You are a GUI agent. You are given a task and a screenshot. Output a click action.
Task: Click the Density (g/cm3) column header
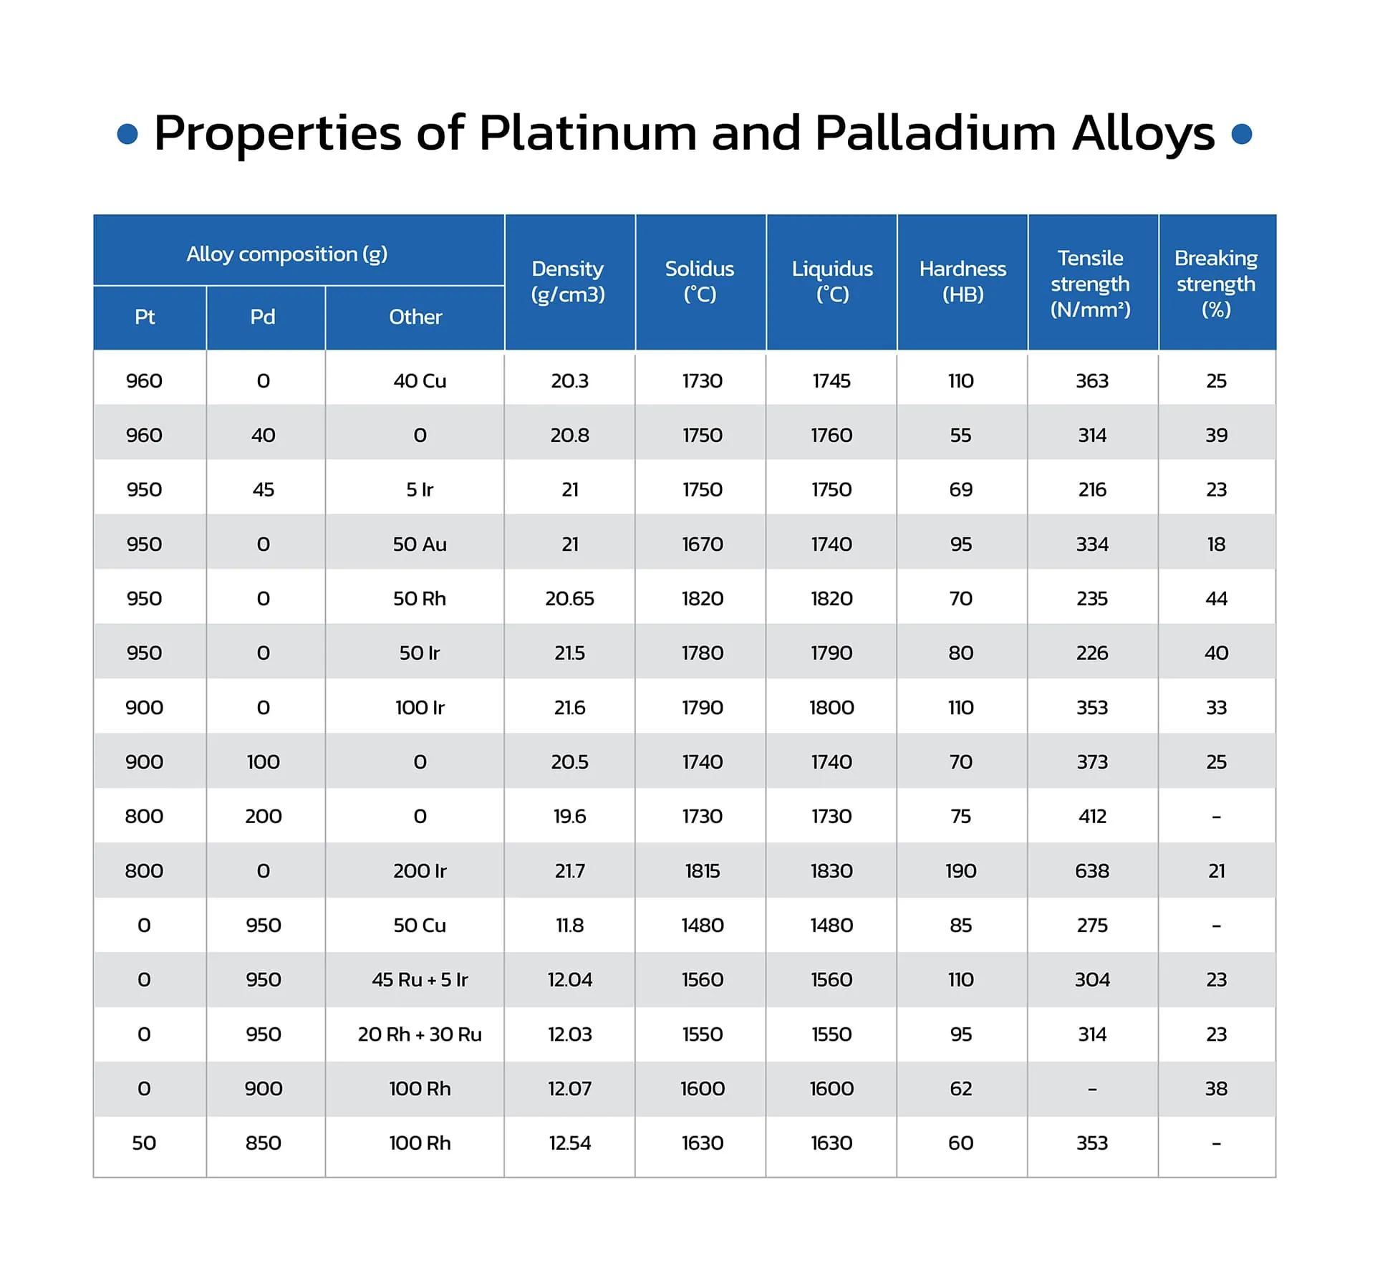pos(568,282)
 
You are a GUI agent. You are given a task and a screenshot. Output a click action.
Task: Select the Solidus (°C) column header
pos(700,282)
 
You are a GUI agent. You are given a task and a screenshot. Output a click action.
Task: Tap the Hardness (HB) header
pos(962,282)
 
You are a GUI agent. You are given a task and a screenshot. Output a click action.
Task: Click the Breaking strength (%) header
pos(1216,283)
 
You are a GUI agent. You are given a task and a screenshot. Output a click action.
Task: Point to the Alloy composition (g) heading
pos(287,254)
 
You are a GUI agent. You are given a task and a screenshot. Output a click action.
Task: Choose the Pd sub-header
pos(263,317)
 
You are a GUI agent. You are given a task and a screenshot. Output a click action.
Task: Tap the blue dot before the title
pos(127,134)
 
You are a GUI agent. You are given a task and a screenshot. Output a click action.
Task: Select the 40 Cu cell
pos(420,380)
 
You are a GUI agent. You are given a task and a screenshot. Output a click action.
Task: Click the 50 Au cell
pos(420,544)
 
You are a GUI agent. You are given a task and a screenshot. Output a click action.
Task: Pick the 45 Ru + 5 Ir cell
pos(420,979)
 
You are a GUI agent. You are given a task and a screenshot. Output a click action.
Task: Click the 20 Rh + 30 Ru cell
pos(420,1034)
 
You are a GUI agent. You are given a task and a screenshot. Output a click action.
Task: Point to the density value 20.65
pos(570,598)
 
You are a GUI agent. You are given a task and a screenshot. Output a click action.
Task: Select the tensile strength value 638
pos(1092,870)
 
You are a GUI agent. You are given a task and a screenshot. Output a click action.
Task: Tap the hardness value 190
pos(961,870)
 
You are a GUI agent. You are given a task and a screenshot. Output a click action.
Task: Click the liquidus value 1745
pos(831,380)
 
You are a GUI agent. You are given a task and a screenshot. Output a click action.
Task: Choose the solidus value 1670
pos(703,544)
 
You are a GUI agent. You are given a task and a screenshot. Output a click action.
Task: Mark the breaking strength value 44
pos(1217,598)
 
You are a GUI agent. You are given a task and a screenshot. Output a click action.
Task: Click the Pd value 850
pos(264,1143)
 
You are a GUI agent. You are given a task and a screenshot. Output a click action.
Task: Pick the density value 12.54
pos(570,1143)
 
